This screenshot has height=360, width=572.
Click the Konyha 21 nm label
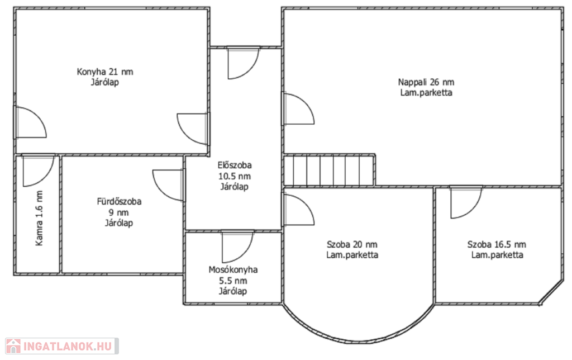tap(104, 72)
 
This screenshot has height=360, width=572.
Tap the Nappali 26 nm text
tap(426, 82)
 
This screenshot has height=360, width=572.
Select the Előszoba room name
tap(235, 165)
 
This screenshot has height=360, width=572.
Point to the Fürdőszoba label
tap(119, 202)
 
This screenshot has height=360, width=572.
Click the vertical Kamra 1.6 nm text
tap(39, 218)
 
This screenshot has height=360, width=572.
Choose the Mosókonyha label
tap(233, 270)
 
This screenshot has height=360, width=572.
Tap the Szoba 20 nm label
tap(352, 244)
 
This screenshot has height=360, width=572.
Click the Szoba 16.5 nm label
tap(497, 244)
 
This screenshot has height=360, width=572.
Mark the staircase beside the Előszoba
tap(329, 170)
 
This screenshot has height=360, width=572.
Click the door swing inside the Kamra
tap(38, 170)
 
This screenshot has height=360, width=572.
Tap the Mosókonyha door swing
tap(237, 247)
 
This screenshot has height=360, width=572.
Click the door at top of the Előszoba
tap(244, 63)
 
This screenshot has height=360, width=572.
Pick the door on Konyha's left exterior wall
tap(31, 122)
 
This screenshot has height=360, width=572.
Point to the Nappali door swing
tap(298, 108)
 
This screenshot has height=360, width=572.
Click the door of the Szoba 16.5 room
tap(466, 202)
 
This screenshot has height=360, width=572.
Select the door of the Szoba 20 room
tap(298, 209)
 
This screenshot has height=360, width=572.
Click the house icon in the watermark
tap(13, 346)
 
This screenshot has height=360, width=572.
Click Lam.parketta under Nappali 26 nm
tap(426, 93)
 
